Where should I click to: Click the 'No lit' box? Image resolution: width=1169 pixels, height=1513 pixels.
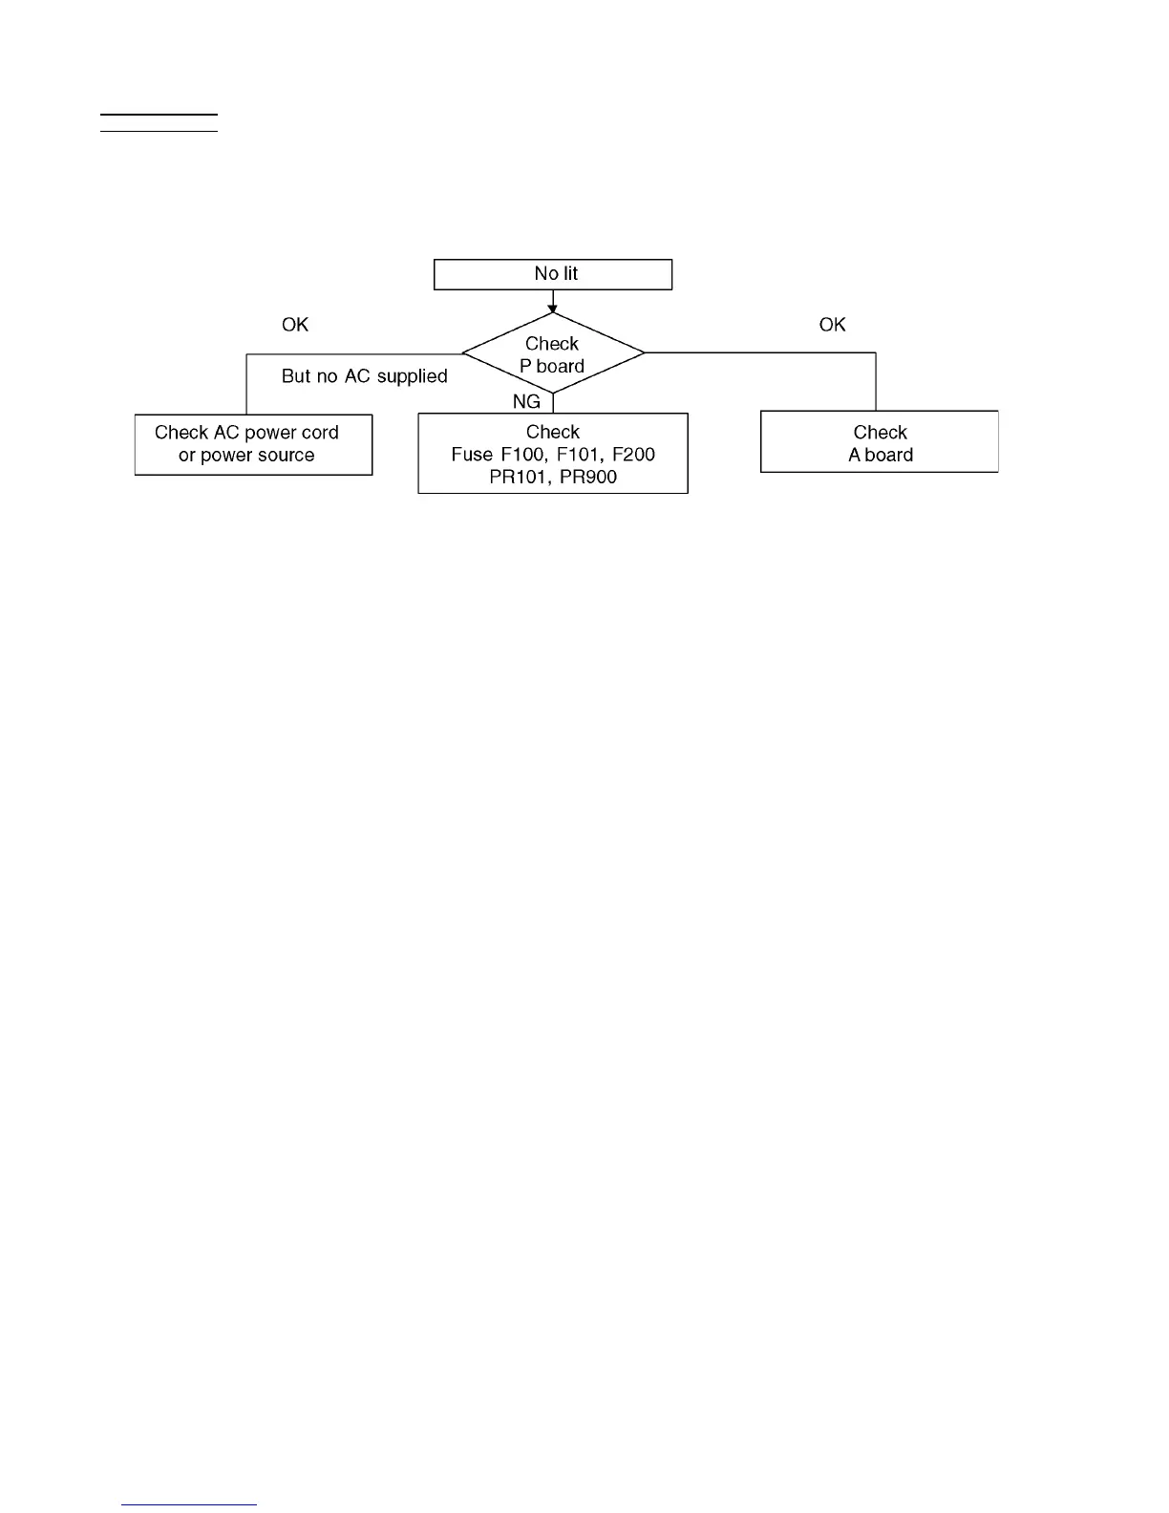coord(553,274)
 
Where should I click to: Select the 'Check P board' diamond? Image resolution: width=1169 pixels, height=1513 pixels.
coord(552,354)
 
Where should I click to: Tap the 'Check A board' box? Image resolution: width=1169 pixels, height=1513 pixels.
coord(880,442)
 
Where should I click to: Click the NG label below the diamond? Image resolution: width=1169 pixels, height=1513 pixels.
coord(526,402)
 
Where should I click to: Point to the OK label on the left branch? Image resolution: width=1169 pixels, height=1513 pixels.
coord(295,326)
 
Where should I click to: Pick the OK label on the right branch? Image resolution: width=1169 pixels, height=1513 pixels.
coord(832,326)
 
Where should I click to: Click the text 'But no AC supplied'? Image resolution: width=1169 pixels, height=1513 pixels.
coord(364,376)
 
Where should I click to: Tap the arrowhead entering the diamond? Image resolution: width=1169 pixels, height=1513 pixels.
coord(553,309)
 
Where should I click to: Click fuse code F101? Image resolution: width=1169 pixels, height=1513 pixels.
coord(579,455)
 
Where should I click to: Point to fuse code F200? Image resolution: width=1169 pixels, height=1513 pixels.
coord(634,455)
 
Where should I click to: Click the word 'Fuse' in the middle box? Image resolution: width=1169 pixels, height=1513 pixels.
coord(472,455)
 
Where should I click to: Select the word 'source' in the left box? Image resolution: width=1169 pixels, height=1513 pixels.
coord(286,456)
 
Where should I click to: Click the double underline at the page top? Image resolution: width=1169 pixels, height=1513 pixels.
coord(159,122)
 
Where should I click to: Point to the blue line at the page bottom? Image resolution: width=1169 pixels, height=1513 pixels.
coord(189,1504)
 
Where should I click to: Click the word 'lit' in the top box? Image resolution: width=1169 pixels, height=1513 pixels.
coord(570,274)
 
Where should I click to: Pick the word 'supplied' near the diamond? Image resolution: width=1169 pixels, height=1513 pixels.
coord(413,377)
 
